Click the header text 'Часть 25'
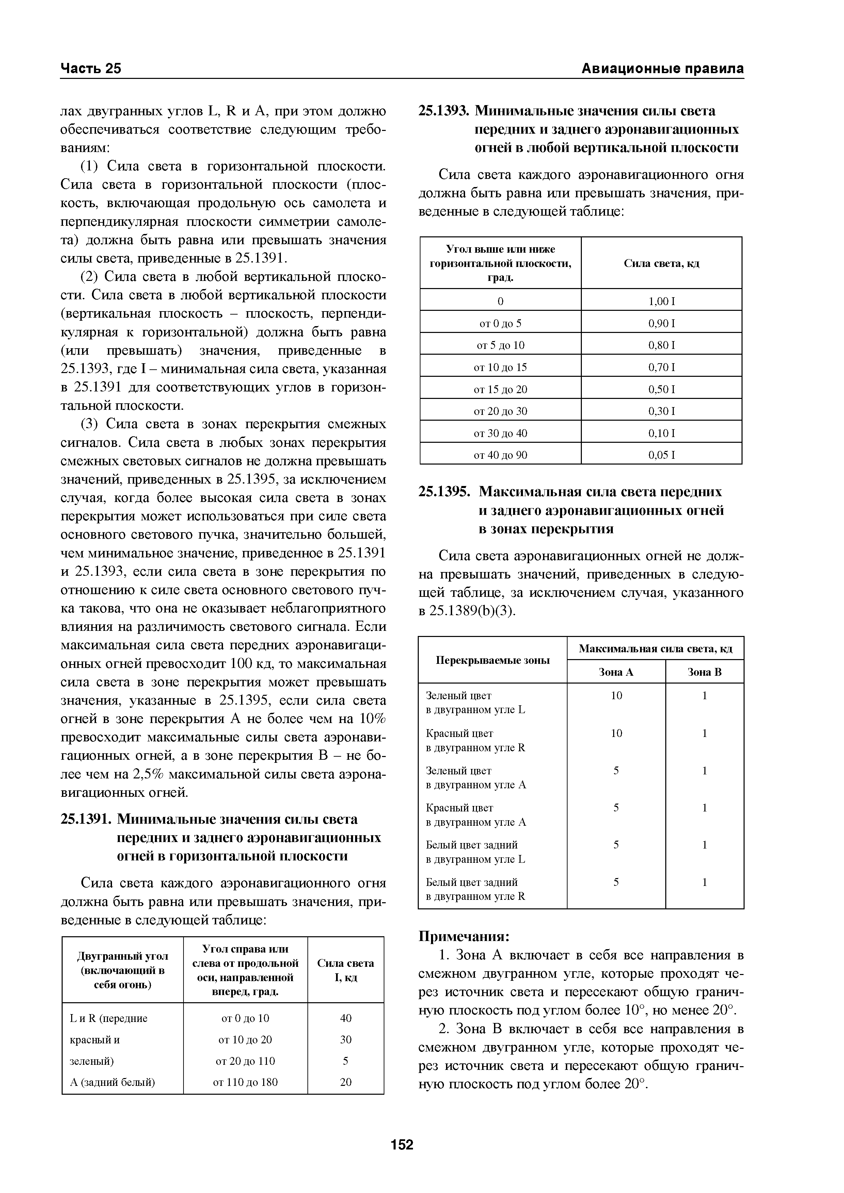point(91,69)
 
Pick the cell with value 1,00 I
point(662,301)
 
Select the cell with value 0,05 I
point(662,455)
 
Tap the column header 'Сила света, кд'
point(662,264)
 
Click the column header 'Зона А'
point(616,672)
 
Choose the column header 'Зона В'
point(705,672)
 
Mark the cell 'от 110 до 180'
point(245,1082)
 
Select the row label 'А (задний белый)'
point(112,1082)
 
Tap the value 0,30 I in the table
point(662,411)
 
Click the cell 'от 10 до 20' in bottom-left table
point(245,1039)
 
